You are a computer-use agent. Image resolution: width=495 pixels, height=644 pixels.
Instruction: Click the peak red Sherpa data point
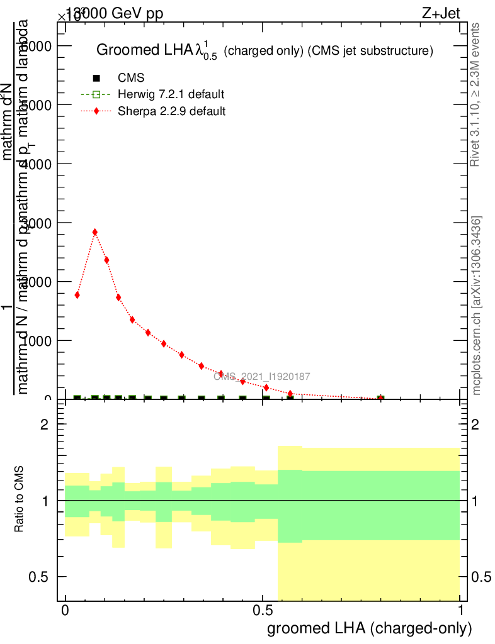coord(95,232)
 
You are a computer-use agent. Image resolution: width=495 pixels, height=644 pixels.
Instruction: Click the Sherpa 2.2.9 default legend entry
coord(171,111)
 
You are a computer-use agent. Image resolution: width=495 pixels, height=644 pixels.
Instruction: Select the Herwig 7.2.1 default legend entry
coord(171,95)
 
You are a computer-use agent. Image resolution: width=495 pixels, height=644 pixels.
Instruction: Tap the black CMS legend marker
coord(96,79)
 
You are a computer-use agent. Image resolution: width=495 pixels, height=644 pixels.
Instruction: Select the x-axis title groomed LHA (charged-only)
coord(370,628)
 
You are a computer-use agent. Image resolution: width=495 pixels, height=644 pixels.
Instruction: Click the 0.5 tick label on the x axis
coord(262,611)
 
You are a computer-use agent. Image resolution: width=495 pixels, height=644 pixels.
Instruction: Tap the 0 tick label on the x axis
coord(65,611)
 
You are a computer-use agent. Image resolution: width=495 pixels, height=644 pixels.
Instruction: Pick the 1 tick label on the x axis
coord(460,611)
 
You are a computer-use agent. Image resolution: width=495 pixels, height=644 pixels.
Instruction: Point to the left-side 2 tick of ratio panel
coord(45,425)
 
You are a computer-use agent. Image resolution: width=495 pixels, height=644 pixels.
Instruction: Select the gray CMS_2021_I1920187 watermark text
coord(261,376)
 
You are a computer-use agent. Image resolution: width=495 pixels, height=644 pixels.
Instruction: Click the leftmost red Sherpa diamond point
coord(77,294)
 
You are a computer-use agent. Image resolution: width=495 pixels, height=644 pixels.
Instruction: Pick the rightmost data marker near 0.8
coord(380,398)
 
